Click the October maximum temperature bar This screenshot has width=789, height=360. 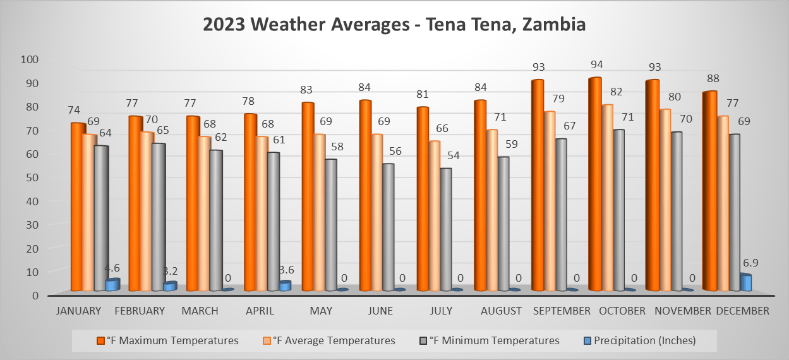(594, 183)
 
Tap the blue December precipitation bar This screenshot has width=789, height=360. (745, 282)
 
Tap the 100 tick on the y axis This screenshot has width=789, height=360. (30, 59)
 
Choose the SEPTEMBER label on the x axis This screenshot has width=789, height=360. (562, 311)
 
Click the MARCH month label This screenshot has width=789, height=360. (200, 311)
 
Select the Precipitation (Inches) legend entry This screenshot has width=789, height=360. (642, 340)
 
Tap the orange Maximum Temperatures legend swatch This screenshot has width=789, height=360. (100, 340)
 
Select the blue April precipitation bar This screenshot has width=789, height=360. (284, 285)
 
